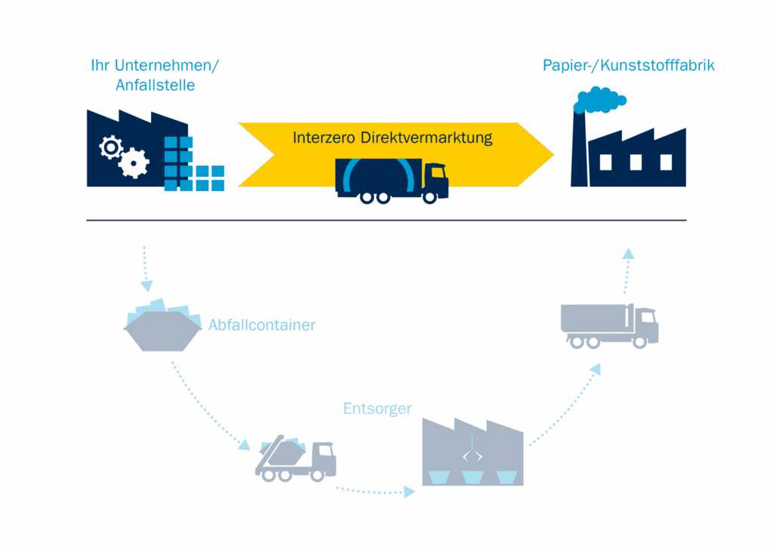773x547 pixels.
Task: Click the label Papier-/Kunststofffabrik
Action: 629,66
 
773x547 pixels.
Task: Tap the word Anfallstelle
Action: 155,85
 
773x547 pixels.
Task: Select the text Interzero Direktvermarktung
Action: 393,138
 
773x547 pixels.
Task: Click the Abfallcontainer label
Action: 262,326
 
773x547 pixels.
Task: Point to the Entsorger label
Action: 377,409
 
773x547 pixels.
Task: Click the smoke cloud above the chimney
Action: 600,98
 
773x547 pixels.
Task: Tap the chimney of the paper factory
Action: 578,147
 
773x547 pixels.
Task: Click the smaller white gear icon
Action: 111,147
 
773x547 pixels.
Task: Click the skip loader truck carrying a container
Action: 295,459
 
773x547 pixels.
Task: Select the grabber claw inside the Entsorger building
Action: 473,455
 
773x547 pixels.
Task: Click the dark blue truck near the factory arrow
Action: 609,325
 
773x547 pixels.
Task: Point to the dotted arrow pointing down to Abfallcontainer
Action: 146,269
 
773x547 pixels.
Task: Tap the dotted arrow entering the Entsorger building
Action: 408,493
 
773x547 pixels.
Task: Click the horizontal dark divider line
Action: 386,221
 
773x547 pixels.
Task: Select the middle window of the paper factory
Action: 636,162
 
